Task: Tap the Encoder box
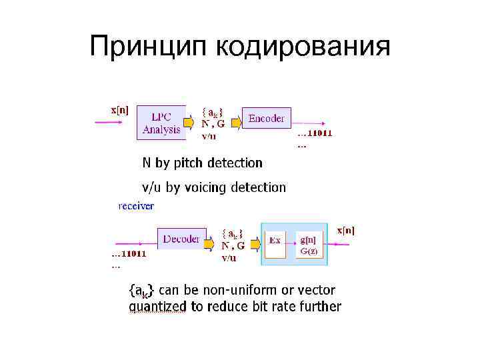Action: [x=266, y=119]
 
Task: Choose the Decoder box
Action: [x=181, y=237]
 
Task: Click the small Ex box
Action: [x=275, y=239]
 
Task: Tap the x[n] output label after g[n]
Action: [x=346, y=231]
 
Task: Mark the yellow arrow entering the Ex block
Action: [x=256, y=243]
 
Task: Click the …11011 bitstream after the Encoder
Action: [x=315, y=133]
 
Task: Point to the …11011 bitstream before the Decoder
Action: [x=129, y=253]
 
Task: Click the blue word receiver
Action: [x=136, y=206]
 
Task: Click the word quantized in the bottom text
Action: [x=157, y=307]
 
